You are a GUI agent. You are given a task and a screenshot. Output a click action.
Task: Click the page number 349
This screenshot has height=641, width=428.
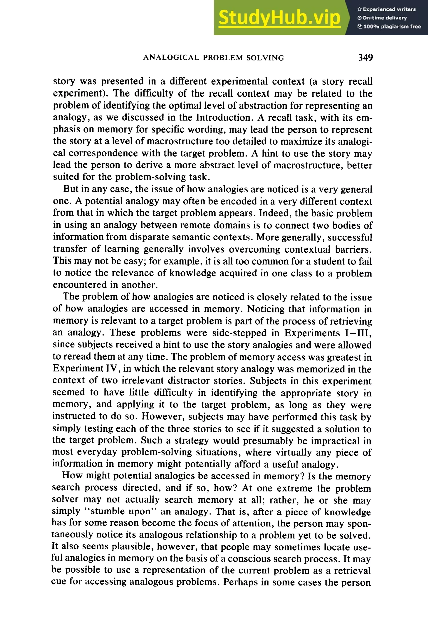point(365,58)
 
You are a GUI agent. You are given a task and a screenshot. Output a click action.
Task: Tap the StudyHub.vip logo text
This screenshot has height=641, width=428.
point(279,18)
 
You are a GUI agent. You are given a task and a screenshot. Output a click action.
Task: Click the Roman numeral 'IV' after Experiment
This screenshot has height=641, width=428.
point(113,369)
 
